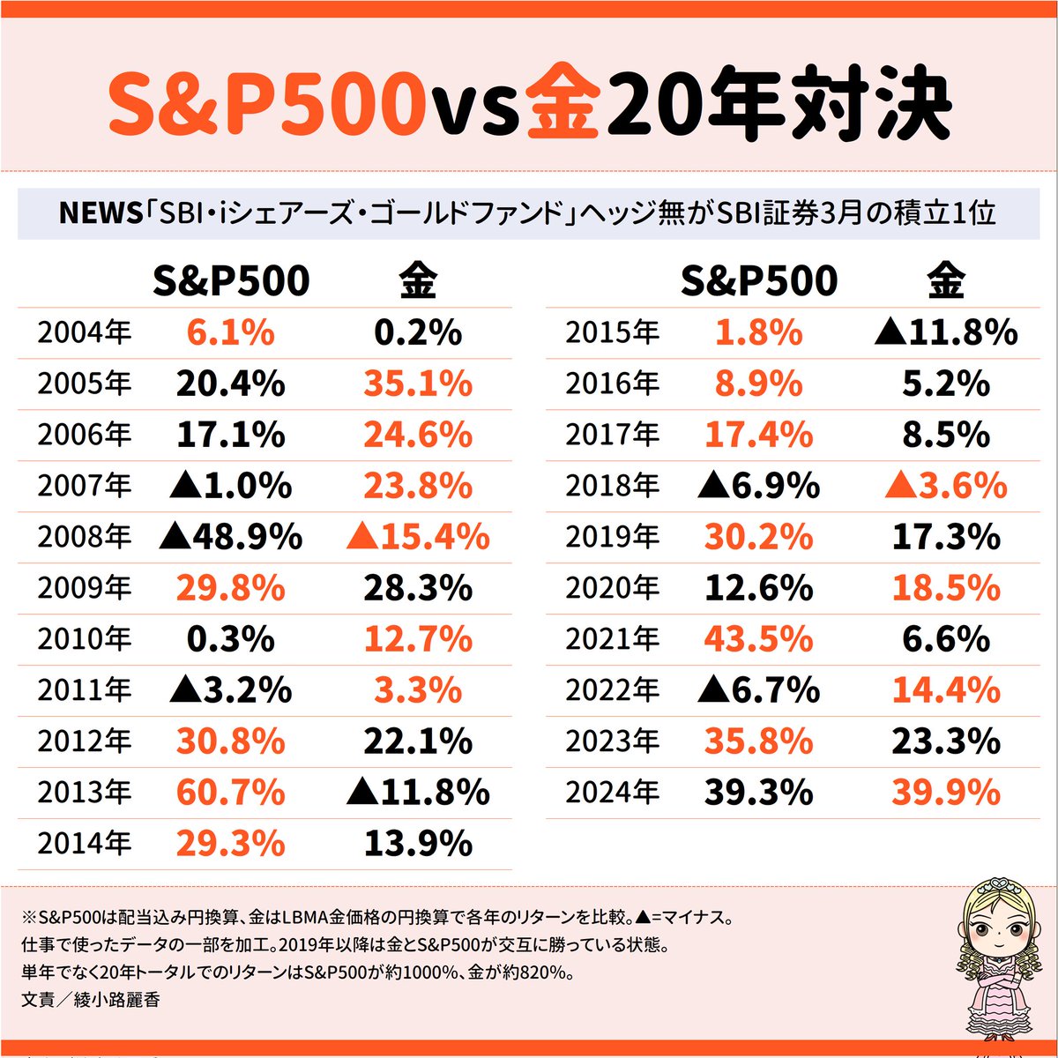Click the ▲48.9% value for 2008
[230, 537]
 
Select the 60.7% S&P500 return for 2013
[230, 793]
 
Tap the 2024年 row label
[612, 793]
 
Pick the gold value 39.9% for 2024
[946, 793]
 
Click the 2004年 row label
[84, 333]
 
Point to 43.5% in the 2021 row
[758, 639]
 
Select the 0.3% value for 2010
[230, 639]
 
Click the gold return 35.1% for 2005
[418, 384]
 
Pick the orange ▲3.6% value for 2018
[946, 486]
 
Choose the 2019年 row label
[612, 537]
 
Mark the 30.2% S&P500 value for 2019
[758, 537]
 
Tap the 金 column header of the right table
[946, 281]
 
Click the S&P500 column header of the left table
[231, 281]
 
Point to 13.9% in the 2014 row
[418, 844]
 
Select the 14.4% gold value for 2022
[946, 690]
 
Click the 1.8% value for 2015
[758, 333]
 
